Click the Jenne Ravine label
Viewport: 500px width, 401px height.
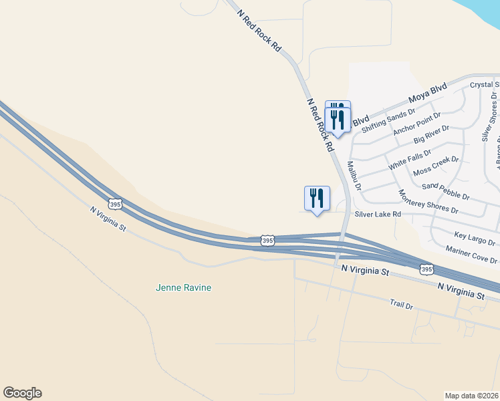pyautogui.click(x=183, y=288)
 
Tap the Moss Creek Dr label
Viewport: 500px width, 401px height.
pyautogui.click(x=436, y=165)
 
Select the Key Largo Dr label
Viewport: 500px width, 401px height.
pyautogui.click(x=475, y=239)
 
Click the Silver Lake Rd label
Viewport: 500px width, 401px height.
pyautogui.click(x=378, y=214)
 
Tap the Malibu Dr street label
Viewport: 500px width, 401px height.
pyautogui.click(x=354, y=176)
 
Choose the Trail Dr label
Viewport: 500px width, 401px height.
pyautogui.click(x=402, y=304)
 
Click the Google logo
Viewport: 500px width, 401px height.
pyautogui.click(x=22, y=393)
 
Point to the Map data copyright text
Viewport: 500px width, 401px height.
pyautogui.click(x=471, y=395)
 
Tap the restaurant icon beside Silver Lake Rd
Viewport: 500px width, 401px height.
pyautogui.click(x=317, y=198)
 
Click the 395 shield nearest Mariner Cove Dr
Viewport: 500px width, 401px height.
pyautogui.click(x=426, y=269)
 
